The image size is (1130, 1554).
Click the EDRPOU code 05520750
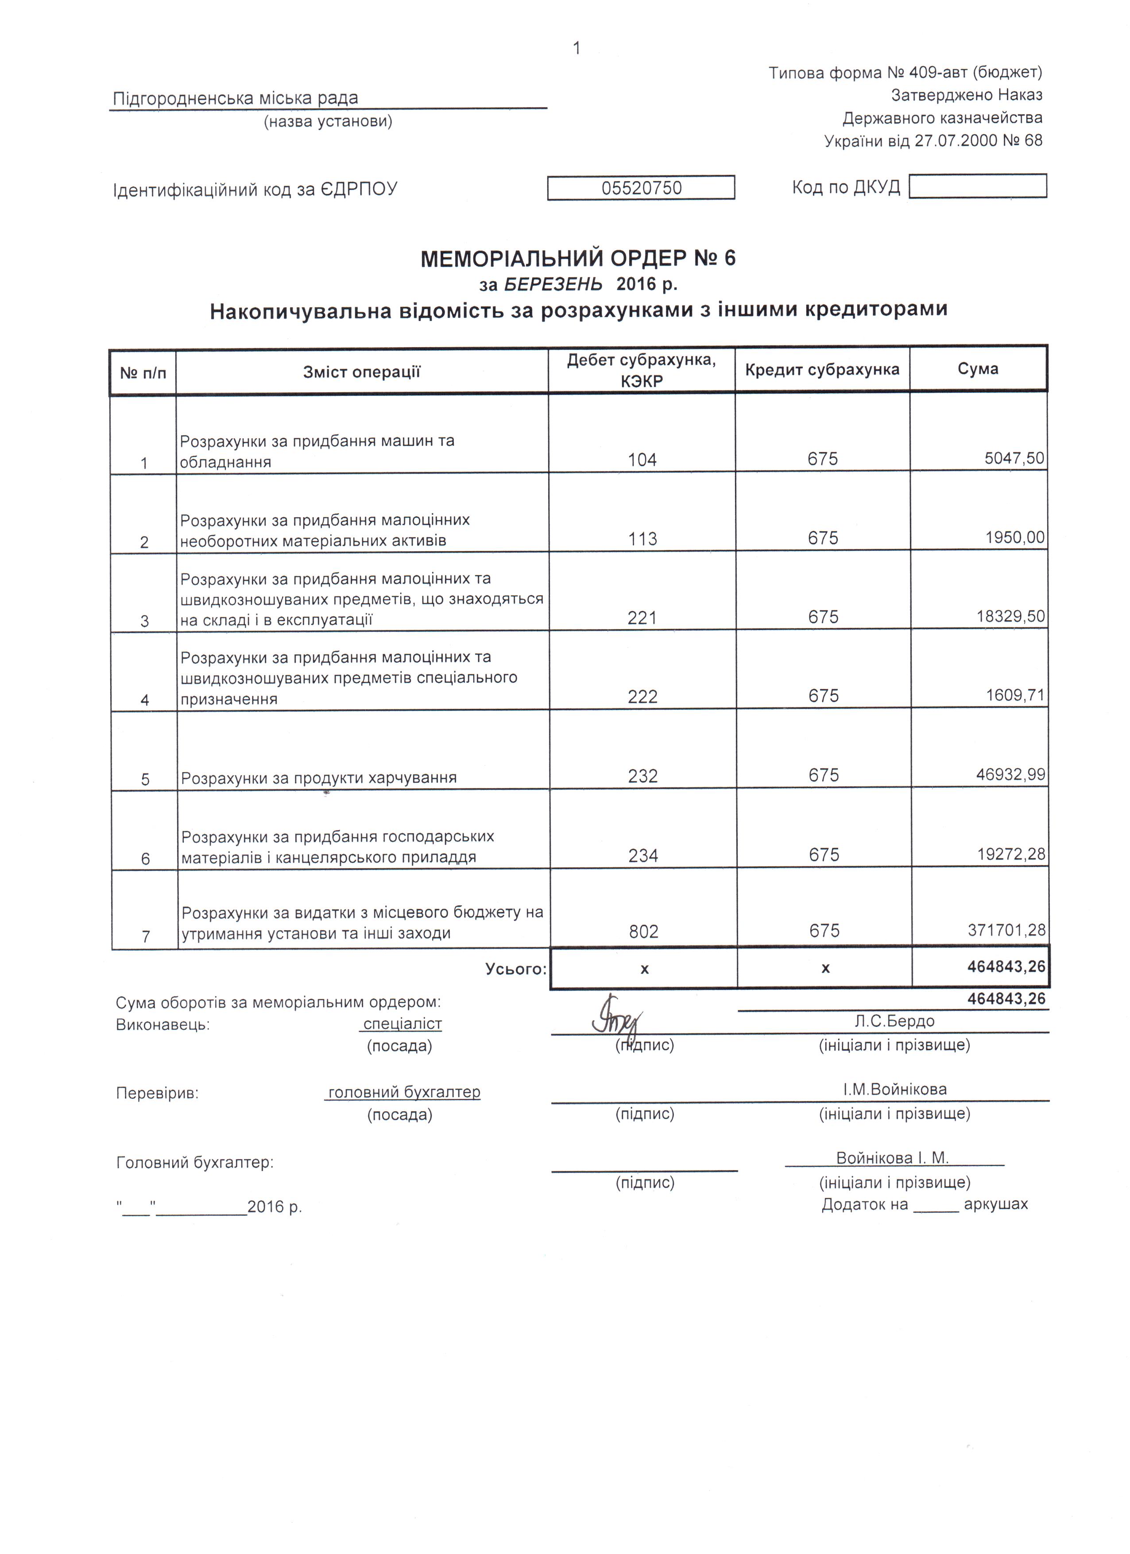(642, 188)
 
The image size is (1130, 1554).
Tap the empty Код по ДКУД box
(977, 186)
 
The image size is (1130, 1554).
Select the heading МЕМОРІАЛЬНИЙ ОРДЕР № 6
(578, 258)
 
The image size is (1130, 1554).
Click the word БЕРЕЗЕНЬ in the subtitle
(553, 284)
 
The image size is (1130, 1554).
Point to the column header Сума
(978, 369)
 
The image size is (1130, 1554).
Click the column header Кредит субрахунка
(822, 370)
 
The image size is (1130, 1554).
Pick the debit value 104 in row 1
(642, 460)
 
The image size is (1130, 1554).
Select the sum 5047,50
(1014, 458)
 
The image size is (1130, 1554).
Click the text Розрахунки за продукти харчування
(319, 778)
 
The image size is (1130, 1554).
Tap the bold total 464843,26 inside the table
(1006, 967)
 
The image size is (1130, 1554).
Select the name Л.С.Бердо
(894, 1022)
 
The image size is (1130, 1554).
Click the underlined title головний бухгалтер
(404, 1092)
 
